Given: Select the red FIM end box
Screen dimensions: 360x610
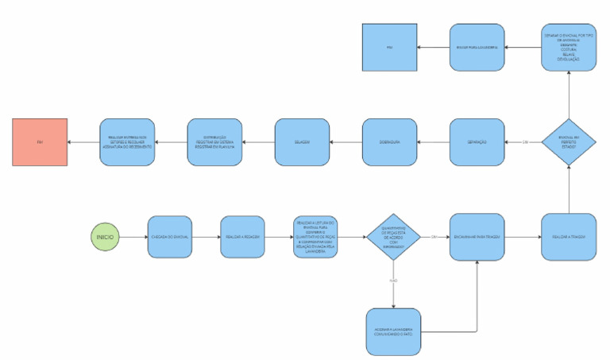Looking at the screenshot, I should click(40, 142).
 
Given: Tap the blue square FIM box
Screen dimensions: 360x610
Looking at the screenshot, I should click(389, 48).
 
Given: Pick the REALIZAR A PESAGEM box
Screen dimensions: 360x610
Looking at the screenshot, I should click(243, 237).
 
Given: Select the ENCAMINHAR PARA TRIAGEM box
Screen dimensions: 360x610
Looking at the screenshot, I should click(477, 237).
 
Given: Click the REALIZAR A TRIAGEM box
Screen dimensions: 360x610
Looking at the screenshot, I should click(569, 237).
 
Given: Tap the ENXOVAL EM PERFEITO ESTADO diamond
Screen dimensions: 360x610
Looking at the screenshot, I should click(569, 142).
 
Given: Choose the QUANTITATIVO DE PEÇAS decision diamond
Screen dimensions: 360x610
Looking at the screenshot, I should click(394, 237).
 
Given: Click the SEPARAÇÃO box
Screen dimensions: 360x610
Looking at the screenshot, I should click(477, 142).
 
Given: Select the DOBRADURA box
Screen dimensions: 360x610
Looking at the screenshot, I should click(389, 142).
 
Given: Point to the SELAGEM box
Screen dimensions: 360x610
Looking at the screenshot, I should click(302, 142).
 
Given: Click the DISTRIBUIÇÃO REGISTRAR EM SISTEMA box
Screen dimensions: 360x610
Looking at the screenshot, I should click(214, 142).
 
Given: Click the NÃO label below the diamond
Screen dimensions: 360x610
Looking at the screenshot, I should click(394, 281).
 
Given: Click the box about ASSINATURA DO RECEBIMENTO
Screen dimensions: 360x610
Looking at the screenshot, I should click(127, 142).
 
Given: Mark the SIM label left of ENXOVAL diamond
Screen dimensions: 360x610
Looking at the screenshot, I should click(525, 142).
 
